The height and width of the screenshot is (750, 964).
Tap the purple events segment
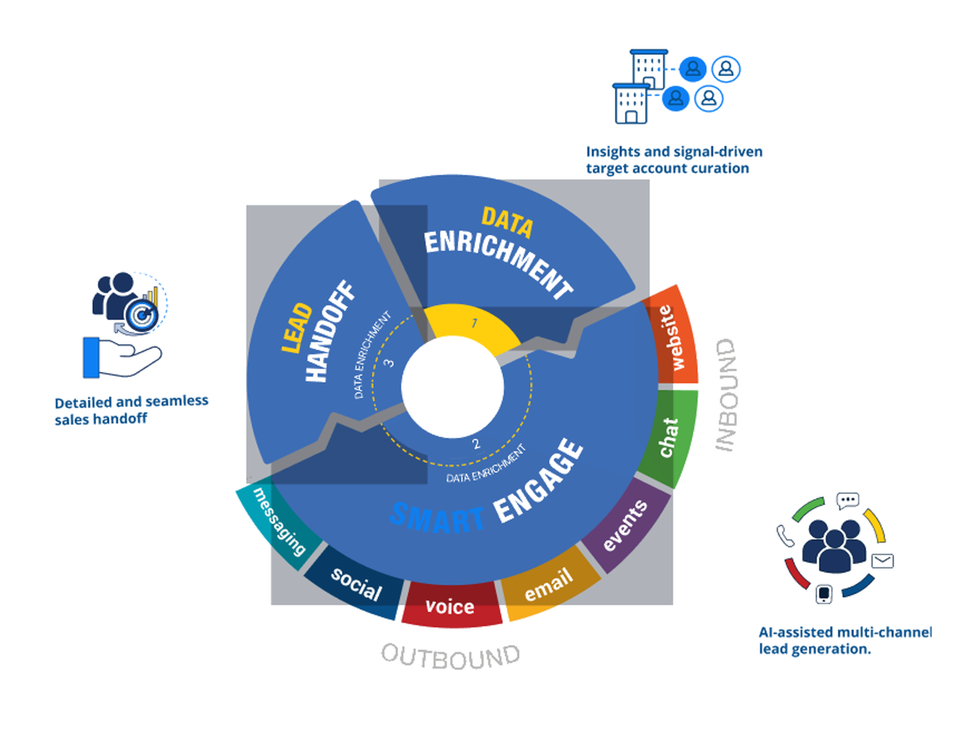626,525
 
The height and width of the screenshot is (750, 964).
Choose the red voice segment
450,605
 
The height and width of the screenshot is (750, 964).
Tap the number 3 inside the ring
389,363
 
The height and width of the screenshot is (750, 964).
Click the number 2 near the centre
476,444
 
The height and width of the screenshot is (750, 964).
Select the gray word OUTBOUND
450,657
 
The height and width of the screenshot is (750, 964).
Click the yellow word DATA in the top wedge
507,223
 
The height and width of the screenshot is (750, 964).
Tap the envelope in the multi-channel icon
882,561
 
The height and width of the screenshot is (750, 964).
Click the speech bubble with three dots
847,500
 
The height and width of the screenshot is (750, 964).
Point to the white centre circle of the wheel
452,387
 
